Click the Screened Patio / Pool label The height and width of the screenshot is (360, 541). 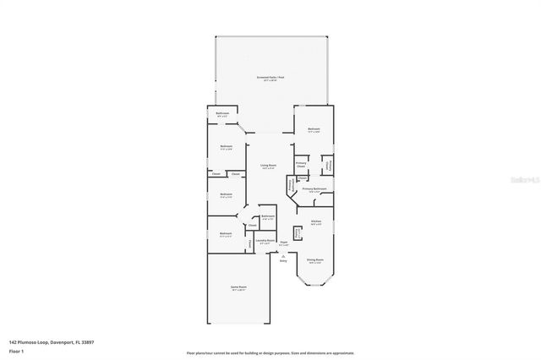coord(270,78)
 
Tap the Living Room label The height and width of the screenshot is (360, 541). coord(269,166)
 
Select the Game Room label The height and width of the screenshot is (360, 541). coord(238,287)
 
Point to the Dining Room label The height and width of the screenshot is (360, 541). coord(314,260)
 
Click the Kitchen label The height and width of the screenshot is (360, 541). coord(315,221)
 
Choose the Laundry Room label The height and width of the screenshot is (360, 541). coord(265,242)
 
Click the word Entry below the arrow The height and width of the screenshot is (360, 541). coord(283,261)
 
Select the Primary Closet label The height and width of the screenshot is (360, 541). coord(300,164)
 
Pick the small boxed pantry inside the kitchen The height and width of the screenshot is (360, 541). coord(298,233)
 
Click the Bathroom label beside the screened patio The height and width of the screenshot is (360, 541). coord(222,114)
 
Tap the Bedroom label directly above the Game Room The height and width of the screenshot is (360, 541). coord(226,233)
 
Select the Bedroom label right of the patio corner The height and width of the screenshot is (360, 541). coord(314,130)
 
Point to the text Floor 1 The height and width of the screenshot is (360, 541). coord(15,350)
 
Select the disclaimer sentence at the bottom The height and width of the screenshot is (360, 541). coord(270,353)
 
